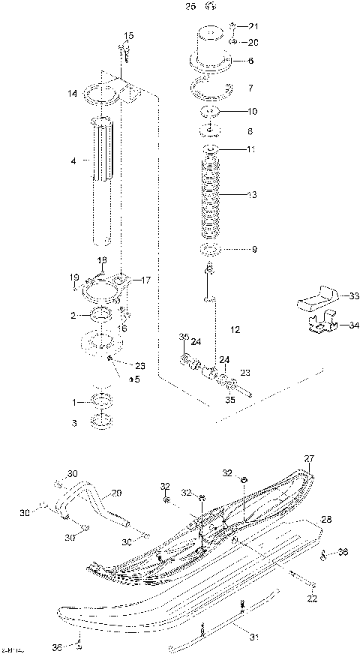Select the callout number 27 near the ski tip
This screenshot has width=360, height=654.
pyautogui.click(x=307, y=458)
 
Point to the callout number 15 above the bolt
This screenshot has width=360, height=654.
pyautogui.click(x=129, y=35)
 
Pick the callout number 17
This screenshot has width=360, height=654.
pyautogui.click(x=146, y=280)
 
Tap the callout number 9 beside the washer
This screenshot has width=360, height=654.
pyautogui.click(x=253, y=249)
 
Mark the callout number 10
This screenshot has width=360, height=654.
pyautogui.click(x=252, y=111)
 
